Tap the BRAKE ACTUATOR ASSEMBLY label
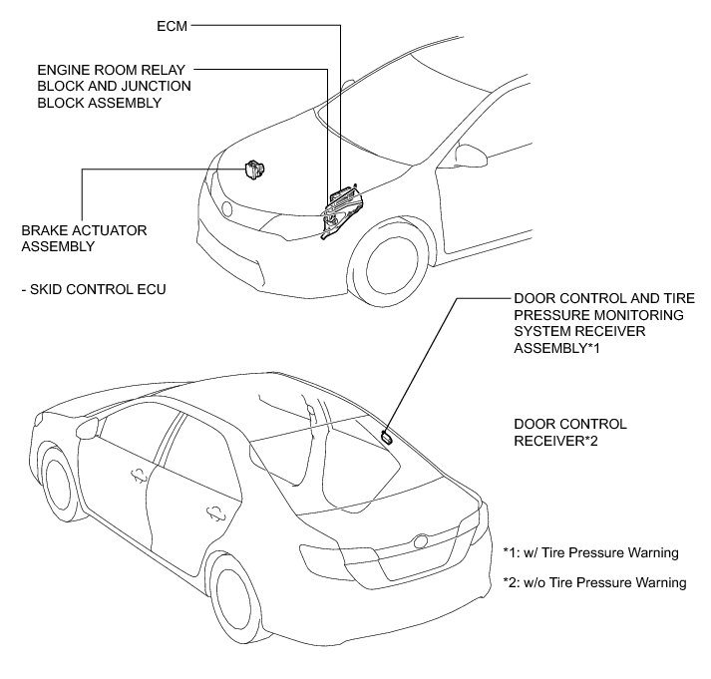(84, 237)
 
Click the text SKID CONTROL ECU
(93, 289)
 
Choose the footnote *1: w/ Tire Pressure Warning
(590, 552)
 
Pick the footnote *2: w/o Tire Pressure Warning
(594, 582)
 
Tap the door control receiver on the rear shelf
(386, 435)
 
